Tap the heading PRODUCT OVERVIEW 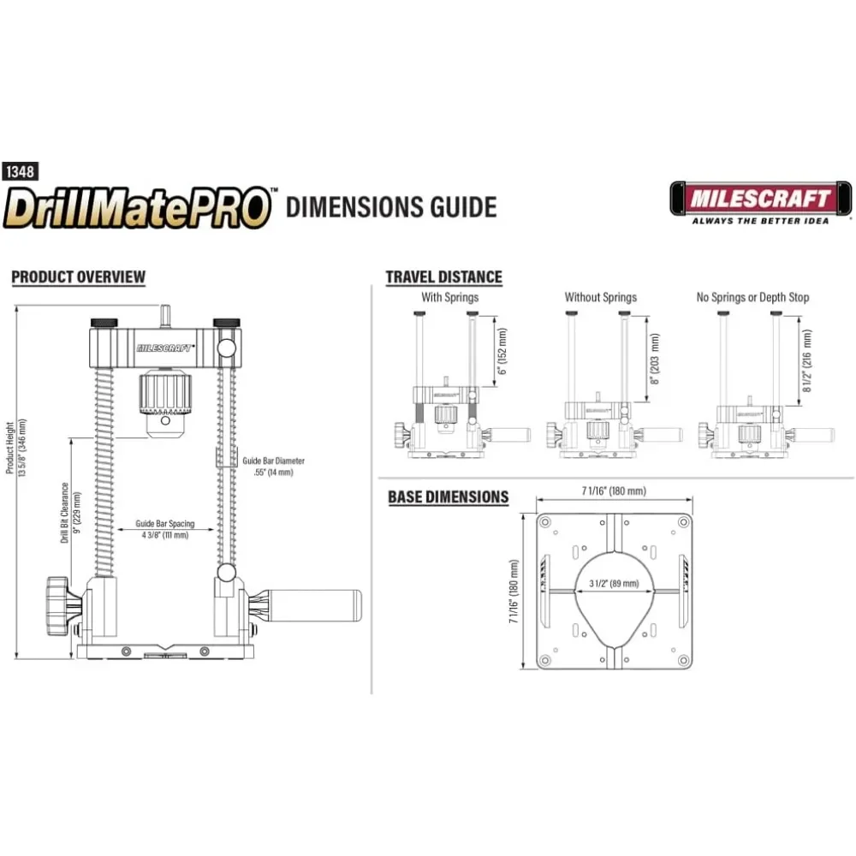[78, 276]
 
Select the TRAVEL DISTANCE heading [443, 276]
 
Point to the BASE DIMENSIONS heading [448, 496]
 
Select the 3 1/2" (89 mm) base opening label [614, 583]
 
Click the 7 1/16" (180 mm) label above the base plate [612, 490]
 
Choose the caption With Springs [449, 298]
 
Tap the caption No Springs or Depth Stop [752, 298]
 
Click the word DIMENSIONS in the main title [389, 207]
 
